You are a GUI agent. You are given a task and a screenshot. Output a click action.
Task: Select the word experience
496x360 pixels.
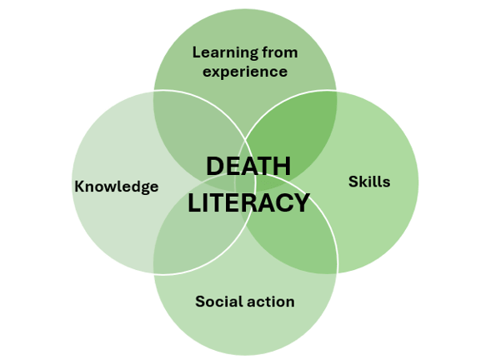[x=245, y=72]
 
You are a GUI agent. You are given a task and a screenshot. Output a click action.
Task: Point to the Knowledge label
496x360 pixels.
[x=117, y=187]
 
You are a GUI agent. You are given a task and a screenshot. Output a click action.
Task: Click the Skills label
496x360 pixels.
[x=369, y=182]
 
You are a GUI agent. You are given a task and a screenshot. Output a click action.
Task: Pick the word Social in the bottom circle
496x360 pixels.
[x=218, y=301]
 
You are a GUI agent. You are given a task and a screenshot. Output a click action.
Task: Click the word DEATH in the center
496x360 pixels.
[x=248, y=166]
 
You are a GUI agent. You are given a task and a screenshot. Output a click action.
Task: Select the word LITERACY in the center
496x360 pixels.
[x=248, y=202]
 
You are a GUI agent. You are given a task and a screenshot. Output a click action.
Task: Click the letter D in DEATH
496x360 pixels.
[x=215, y=166]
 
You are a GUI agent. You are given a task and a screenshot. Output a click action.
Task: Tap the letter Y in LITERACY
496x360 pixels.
[x=301, y=202]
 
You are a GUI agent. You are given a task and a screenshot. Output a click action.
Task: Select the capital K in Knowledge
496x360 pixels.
[x=80, y=186]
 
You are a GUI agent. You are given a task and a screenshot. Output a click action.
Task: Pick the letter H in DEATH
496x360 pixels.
[x=283, y=166]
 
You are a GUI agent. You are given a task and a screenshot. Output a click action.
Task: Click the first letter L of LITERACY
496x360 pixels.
[x=194, y=202]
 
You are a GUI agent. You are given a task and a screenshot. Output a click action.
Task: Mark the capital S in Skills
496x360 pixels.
[x=353, y=182]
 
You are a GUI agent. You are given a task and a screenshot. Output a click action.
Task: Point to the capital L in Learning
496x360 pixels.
[x=197, y=52]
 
